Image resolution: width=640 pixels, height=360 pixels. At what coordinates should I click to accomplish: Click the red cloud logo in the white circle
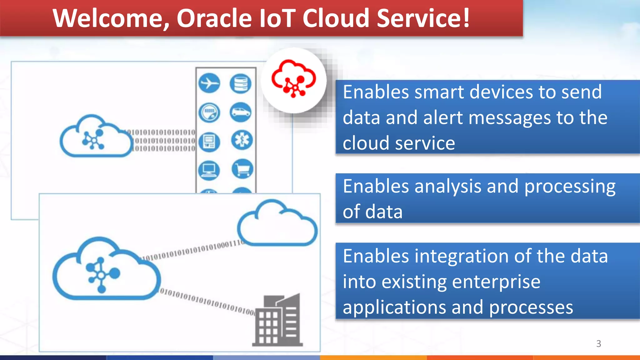[x=293, y=79]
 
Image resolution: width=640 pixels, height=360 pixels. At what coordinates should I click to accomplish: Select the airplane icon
[x=209, y=83]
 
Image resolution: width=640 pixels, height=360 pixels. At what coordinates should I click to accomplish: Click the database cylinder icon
[x=241, y=83]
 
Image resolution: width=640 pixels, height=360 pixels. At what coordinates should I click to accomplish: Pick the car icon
[x=241, y=112]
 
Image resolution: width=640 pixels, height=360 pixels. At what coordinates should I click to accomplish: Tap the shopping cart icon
[x=242, y=169]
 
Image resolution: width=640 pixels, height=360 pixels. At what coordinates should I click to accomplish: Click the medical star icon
[x=242, y=140]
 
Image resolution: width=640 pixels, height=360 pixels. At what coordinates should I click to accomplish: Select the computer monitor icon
[x=209, y=170]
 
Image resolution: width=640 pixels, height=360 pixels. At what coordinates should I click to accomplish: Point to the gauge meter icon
[x=209, y=112]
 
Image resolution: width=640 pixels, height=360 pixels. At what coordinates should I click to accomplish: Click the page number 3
[x=598, y=343]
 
